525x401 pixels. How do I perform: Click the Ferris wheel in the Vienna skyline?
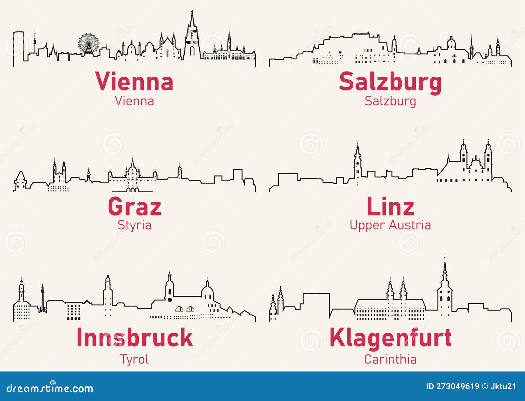(88, 43)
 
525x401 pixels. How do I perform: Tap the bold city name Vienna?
(134, 82)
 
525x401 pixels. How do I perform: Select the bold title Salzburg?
(390, 82)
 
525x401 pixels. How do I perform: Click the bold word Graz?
(135, 207)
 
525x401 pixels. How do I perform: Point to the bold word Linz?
(390, 207)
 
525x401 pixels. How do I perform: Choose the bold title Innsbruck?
(135, 337)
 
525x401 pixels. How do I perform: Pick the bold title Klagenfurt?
(390, 337)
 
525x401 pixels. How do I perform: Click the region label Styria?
(135, 225)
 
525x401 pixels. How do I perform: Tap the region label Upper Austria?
(390, 225)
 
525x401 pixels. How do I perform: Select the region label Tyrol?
(135, 359)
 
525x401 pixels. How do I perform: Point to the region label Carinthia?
(390, 359)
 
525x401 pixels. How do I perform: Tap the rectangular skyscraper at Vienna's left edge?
(18, 46)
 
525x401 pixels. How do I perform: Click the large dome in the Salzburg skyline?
(451, 43)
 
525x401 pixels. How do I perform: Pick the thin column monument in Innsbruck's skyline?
(42, 298)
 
